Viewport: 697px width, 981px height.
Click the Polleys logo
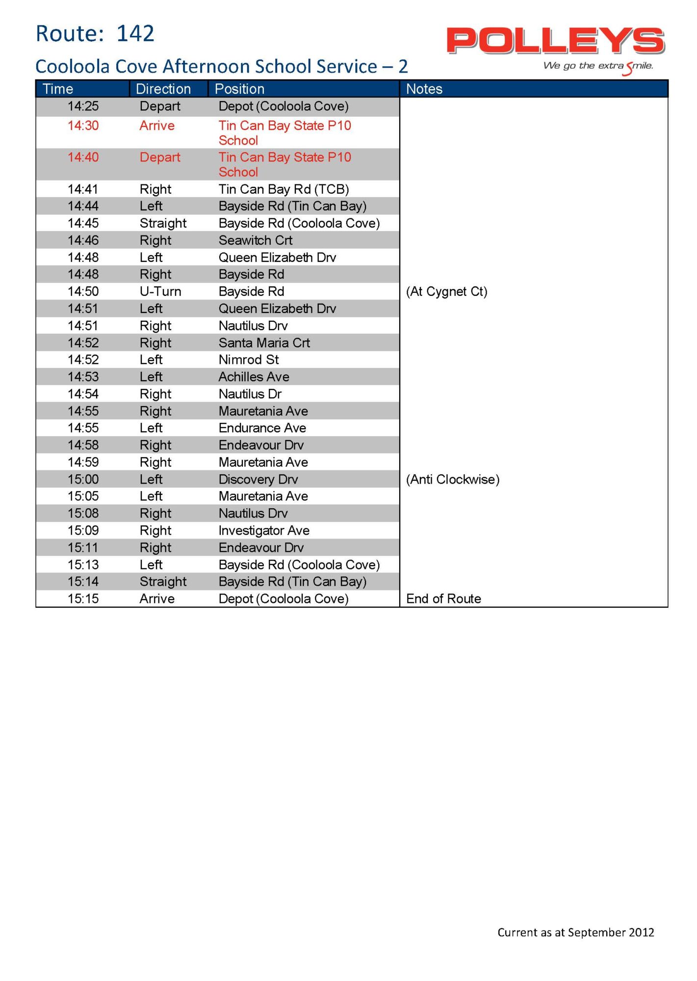pyautogui.click(x=555, y=41)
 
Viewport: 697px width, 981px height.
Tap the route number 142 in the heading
pyautogui.click(x=135, y=34)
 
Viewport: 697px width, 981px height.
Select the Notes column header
pyautogui.click(x=424, y=89)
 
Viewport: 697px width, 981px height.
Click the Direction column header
pyautogui.click(x=163, y=89)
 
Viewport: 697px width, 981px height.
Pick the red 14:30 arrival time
pyautogui.click(x=83, y=126)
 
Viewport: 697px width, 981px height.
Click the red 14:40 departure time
pyautogui.click(x=83, y=157)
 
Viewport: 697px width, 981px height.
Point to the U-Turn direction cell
pyautogui.click(x=160, y=291)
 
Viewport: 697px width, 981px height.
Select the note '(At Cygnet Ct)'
pyautogui.click(x=446, y=291)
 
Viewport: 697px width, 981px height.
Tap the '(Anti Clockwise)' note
pyautogui.click(x=452, y=479)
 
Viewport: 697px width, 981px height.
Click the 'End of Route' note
pyautogui.click(x=443, y=598)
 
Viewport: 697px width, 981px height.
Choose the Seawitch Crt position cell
pyautogui.click(x=255, y=240)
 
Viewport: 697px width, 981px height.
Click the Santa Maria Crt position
pyautogui.click(x=264, y=343)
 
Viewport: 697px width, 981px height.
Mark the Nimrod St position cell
pyautogui.click(x=249, y=360)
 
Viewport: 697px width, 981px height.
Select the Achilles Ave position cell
pyautogui.click(x=254, y=377)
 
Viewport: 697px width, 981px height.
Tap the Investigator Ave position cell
pyautogui.click(x=264, y=530)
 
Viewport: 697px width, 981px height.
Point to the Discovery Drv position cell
pyautogui.click(x=258, y=479)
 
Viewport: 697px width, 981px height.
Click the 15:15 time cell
pyautogui.click(x=83, y=598)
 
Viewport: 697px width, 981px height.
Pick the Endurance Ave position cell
pyautogui.click(x=262, y=428)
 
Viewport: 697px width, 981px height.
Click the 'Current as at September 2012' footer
pyautogui.click(x=575, y=932)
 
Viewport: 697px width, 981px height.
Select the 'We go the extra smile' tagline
pyautogui.click(x=598, y=66)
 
